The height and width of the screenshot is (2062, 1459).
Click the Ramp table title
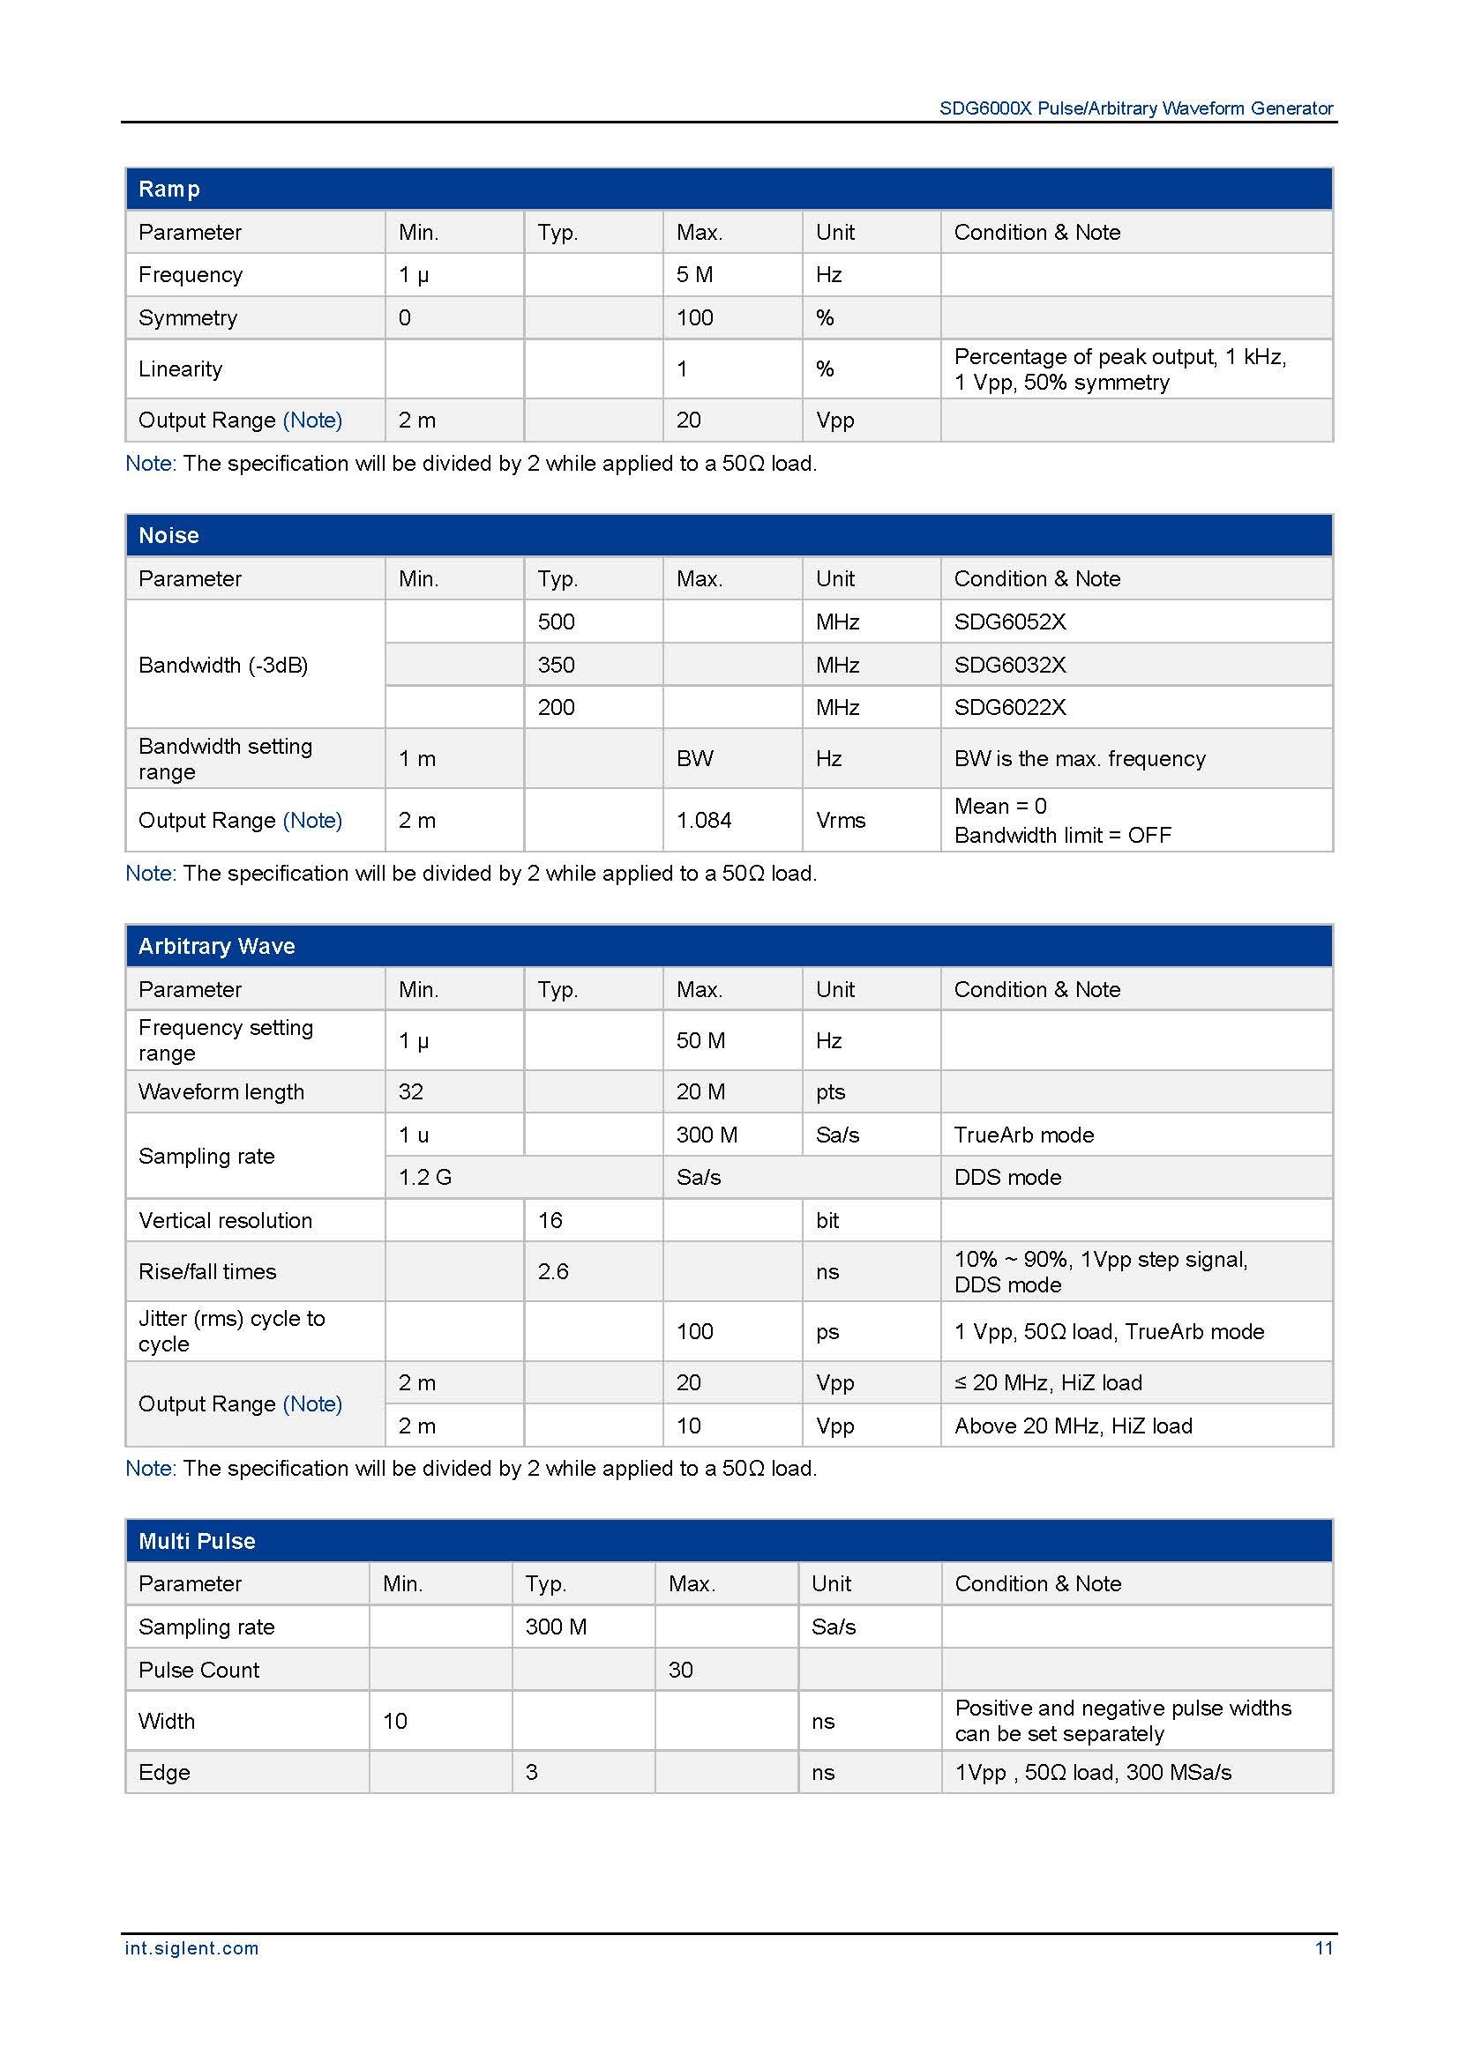[x=168, y=189]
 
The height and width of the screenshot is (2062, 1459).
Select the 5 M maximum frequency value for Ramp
[x=694, y=275]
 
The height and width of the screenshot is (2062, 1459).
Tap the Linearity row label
[x=180, y=369]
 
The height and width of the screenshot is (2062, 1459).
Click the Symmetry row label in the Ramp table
[x=188, y=318]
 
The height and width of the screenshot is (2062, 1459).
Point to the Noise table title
[x=168, y=535]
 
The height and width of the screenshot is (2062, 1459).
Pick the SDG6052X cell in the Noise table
[x=1010, y=622]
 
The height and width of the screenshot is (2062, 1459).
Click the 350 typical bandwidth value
[x=556, y=665]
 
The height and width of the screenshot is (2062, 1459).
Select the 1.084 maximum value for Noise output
[x=703, y=820]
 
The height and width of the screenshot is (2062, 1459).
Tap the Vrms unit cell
[x=840, y=820]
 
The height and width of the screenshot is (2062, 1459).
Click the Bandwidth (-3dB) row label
[x=223, y=665]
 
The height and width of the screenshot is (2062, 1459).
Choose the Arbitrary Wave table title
[x=216, y=946]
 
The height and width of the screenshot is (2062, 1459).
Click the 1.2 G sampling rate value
[x=425, y=1178]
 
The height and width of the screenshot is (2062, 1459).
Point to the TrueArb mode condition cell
[x=1023, y=1135]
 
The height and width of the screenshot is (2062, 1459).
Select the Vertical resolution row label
[x=226, y=1220]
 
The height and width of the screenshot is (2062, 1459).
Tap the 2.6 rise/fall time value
[x=552, y=1272]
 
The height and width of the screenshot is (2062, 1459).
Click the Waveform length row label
[x=221, y=1092]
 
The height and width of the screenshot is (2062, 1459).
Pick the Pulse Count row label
[x=198, y=1670]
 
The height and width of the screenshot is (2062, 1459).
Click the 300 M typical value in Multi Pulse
[x=555, y=1627]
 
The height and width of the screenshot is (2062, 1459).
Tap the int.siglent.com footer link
[x=191, y=1948]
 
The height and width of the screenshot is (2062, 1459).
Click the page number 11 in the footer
[x=1323, y=1948]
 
